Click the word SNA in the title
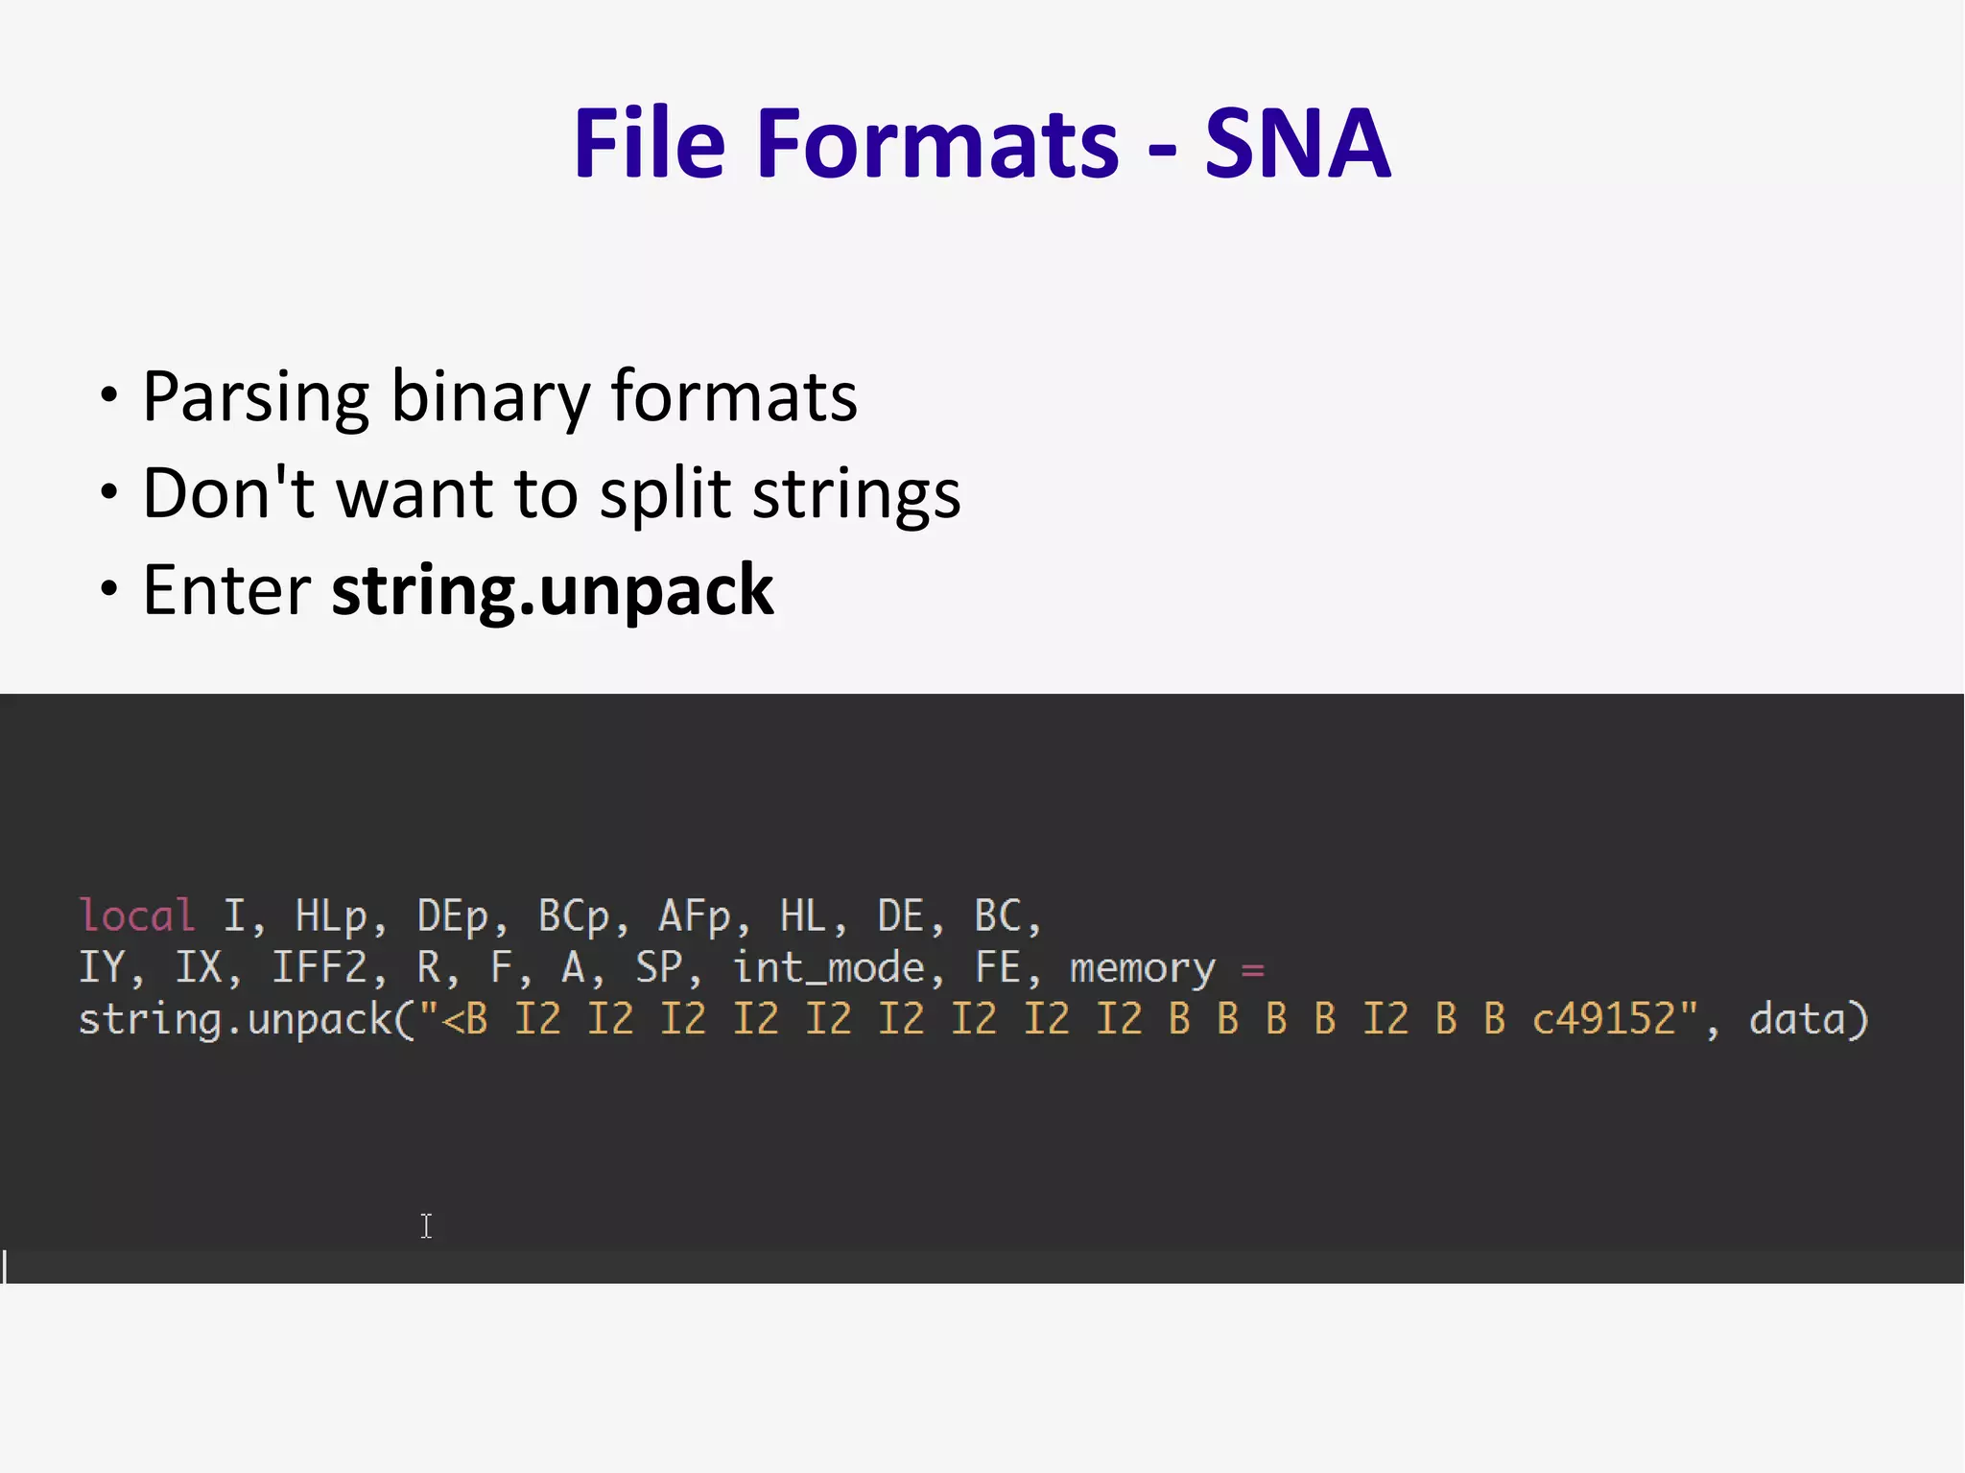tap(1296, 144)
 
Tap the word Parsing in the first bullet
tap(255, 397)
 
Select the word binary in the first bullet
tap(490, 397)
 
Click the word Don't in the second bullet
tap(229, 493)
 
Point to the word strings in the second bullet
tap(856, 495)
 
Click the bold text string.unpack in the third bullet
tap(553, 591)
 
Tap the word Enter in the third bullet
tap(226, 590)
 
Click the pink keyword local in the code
tap(137, 916)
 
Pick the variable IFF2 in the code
tap(320, 968)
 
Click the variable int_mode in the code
tap(829, 968)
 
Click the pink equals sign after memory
tap(1252, 970)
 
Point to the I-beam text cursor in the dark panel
tap(426, 1226)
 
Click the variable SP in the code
tap(659, 968)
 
